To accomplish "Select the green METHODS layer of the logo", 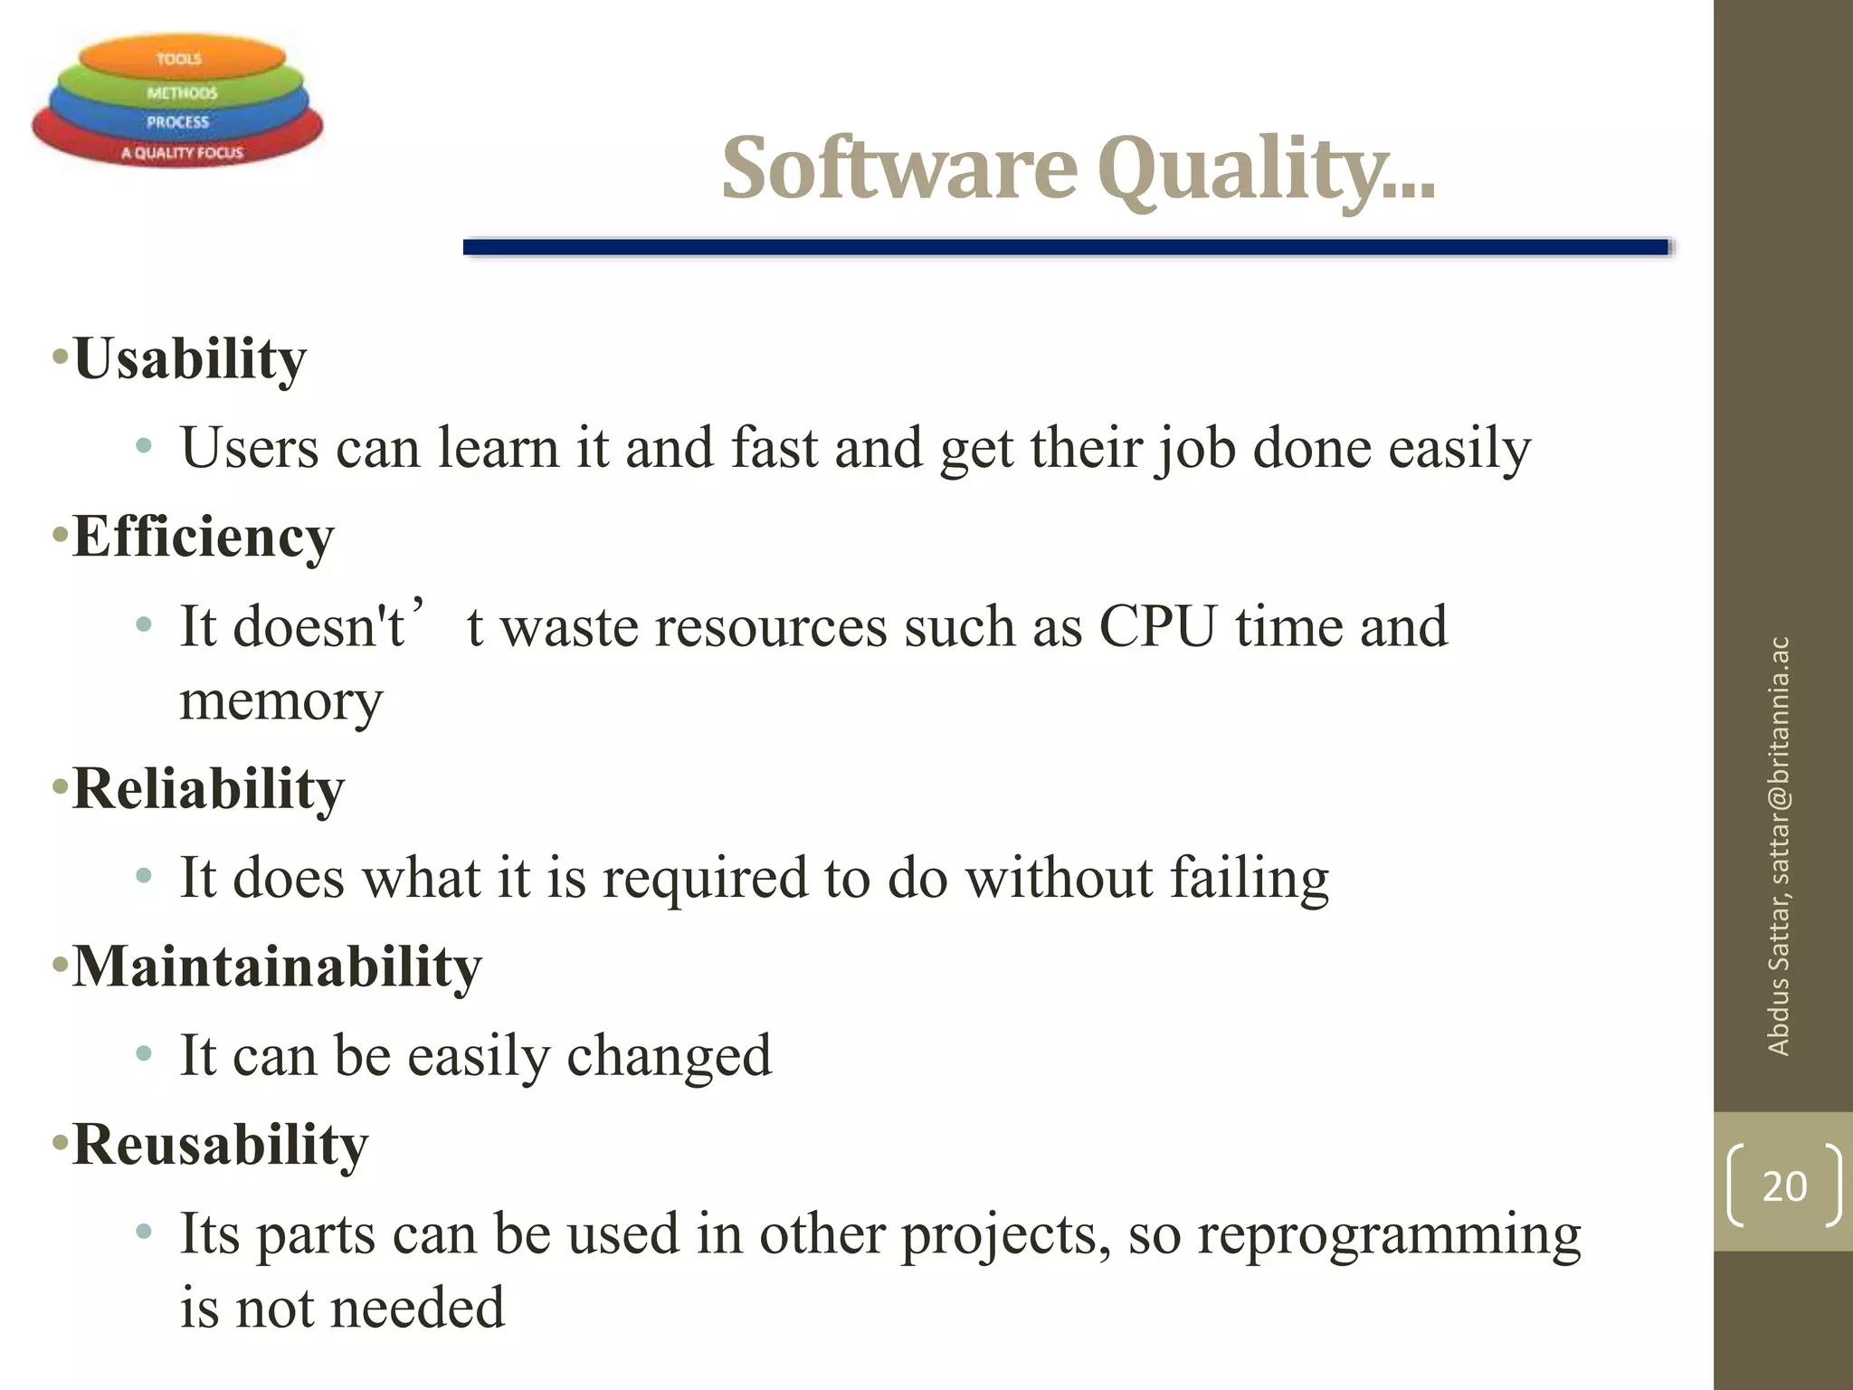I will point(181,92).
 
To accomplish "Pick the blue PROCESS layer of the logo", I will point(177,121).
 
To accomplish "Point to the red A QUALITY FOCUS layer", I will point(181,152).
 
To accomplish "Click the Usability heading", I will point(189,358).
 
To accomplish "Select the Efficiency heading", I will point(203,537).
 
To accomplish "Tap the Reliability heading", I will point(208,788).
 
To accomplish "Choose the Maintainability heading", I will point(277,966).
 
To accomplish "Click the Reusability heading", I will point(220,1145).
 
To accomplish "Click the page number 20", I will point(1783,1186).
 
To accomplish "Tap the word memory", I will point(281,701).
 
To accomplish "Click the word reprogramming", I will point(1389,1234).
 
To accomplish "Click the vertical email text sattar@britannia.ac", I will point(1778,760).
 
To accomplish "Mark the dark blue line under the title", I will point(1065,247).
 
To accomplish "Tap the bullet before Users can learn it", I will point(143,446).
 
